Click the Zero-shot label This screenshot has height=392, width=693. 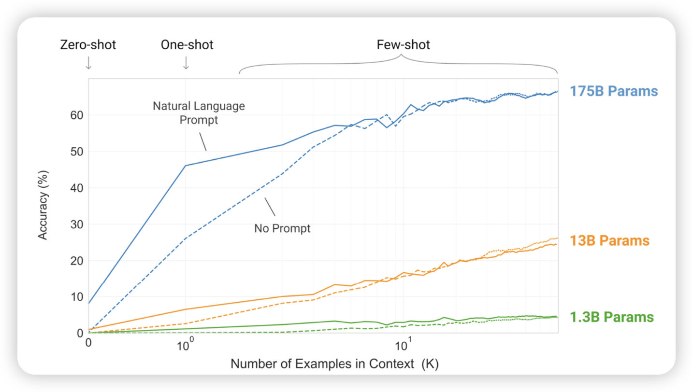[88, 45]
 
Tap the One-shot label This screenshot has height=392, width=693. [187, 45]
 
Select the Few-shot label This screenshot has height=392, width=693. [403, 45]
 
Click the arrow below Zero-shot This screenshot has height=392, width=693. [88, 63]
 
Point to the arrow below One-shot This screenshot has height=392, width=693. [186, 63]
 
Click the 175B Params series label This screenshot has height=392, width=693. [614, 91]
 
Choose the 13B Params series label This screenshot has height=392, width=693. [610, 240]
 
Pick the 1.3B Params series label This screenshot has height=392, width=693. [612, 317]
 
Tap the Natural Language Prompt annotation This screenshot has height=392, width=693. [199, 112]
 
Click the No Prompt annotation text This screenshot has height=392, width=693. [282, 228]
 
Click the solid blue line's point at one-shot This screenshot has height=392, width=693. [186, 166]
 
